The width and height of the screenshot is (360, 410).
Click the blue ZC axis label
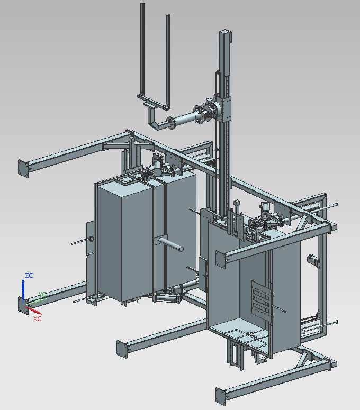29,275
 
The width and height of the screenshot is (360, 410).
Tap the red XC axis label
37,319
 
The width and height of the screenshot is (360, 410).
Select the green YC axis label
42,295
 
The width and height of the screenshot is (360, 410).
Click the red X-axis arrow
33,310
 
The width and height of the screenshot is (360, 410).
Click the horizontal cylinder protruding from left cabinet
170,244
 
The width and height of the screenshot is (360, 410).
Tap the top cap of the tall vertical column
226,33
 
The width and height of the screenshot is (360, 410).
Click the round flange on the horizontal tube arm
170,123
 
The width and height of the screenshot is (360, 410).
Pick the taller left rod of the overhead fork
142,50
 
